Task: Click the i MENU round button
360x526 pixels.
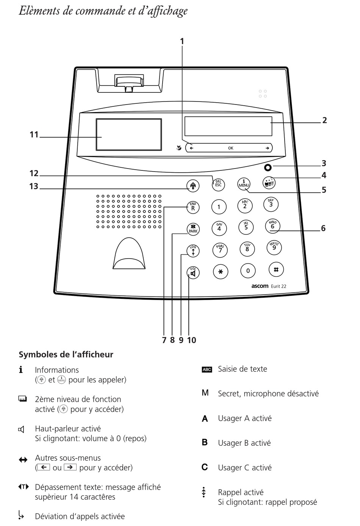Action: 244,184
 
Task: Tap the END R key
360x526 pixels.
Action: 193,207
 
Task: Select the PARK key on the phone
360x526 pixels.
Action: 193,229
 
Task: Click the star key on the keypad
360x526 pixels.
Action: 220,272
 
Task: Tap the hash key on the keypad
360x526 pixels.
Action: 276,269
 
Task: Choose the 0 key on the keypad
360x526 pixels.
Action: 248,270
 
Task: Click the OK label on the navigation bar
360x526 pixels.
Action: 230,148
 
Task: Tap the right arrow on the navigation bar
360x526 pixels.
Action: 267,148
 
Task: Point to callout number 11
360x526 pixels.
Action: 34,134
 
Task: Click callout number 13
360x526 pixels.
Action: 34,186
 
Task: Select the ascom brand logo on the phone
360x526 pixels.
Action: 260,286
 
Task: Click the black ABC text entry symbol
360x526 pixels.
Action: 207,369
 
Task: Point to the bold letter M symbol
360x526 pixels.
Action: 205,392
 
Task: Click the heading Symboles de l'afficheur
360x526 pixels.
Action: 66,354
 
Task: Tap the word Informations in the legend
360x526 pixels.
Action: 57,370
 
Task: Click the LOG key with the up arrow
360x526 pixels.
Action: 193,251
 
